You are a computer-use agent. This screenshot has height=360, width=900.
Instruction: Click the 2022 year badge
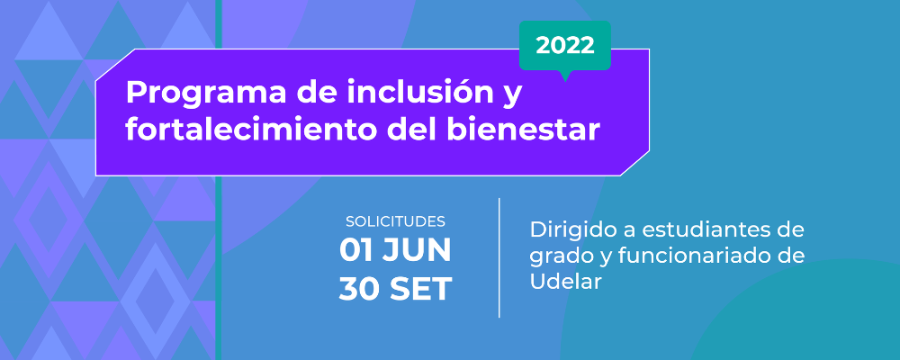pyautogui.click(x=565, y=45)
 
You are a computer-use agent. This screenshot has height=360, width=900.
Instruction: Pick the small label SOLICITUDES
pyautogui.click(x=395, y=221)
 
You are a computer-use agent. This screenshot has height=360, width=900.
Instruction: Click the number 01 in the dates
pyautogui.click(x=356, y=250)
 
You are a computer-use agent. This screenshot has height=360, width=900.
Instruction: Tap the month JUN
pyautogui.click(x=417, y=250)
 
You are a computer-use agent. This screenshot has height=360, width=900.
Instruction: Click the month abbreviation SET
pyautogui.click(x=420, y=289)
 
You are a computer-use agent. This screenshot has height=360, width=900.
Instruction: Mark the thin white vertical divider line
pyautogui.click(x=499, y=257)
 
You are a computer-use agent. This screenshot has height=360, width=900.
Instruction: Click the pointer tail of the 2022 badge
pyautogui.click(x=566, y=76)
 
